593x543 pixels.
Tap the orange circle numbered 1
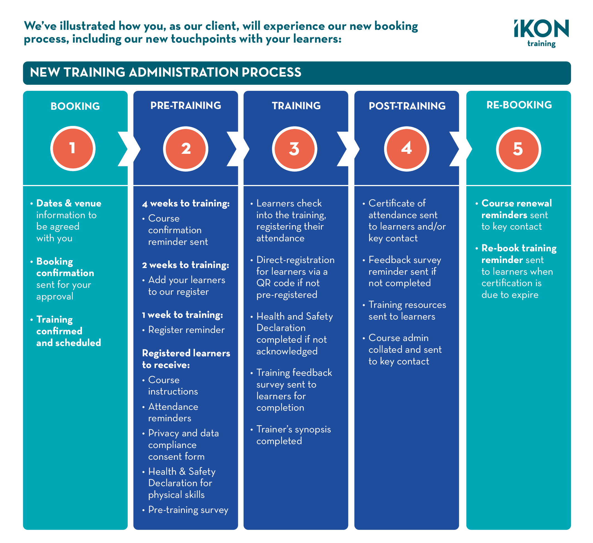tap(73, 148)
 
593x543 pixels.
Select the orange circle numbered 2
tap(185, 149)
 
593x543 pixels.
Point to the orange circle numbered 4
tap(406, 149)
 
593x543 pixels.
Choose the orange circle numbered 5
tap(518, 149)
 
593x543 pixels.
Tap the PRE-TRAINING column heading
tap(185, 106)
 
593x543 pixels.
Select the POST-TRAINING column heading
tap(407, 106)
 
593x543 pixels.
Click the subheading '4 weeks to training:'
tap(185, 203)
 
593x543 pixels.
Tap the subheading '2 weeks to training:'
tap(185, 265)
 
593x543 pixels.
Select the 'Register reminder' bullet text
tap(186, 330)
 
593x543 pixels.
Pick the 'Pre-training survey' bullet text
tap(188, 510)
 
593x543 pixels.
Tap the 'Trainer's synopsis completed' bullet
tap(293, 435)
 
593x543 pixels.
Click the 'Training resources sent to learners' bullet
tap(407, 311)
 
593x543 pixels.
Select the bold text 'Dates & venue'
tap(69, 203)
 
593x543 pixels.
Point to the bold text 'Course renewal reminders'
tap(517, 209)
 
